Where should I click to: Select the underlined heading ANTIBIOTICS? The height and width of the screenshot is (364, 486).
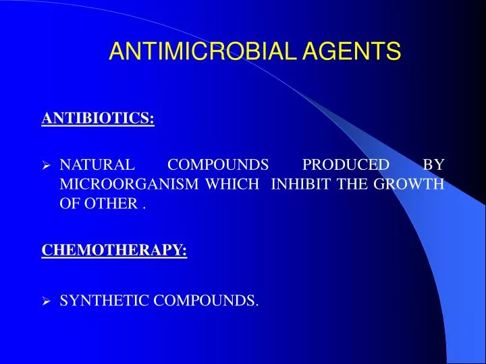pyautogui.click(x=98, y=119)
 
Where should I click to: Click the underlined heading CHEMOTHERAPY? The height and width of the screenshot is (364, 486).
pyautogui.click(x=114, y=250)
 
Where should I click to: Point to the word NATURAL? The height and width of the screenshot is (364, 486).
pyautogui.click(x=97, y=164)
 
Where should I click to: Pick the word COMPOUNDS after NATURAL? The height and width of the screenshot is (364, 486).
pyautogui.click(x=217, y=164)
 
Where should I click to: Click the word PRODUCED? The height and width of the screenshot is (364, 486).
pyautogui.click(x=346, y=164)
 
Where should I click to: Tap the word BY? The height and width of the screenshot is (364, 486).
pyautogui.click(x=433, y=164)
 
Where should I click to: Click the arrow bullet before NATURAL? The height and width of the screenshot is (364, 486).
pyautogui.click(x=47, y=165)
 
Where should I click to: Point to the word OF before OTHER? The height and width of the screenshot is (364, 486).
pyautogui.click(x=70, y=204)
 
